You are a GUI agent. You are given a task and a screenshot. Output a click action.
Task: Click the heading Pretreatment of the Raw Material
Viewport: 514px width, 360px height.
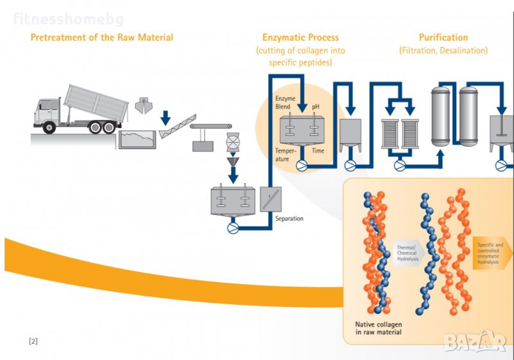pos(102,37)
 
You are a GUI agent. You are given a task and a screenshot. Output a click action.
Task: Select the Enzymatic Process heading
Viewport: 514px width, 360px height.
pos(300,37)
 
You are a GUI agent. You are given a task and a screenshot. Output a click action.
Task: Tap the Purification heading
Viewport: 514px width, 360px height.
pos(443,37)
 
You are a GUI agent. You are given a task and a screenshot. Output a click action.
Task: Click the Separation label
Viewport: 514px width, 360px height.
pos(289,219)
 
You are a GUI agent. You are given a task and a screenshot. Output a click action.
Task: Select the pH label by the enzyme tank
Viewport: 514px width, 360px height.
pos(315,106)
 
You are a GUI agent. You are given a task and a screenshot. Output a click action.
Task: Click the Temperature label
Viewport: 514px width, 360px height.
pos(287,154)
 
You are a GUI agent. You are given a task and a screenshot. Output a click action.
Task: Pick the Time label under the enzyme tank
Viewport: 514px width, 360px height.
pos(318,150)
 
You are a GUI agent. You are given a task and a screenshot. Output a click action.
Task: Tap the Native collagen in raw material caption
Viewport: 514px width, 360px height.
pos(378,328)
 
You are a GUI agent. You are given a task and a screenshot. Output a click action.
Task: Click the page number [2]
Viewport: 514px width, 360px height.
pos(33,341)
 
